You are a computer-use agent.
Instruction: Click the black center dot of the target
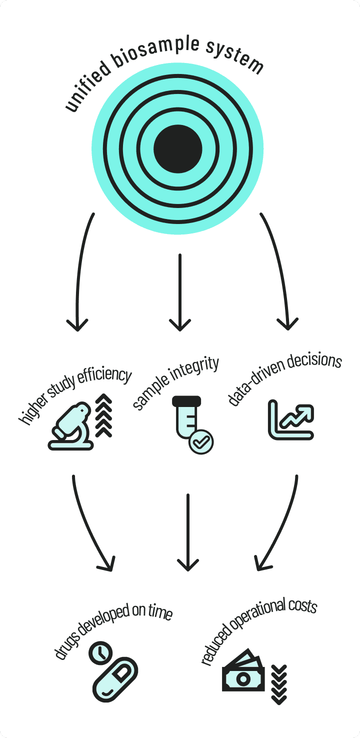[178, 148]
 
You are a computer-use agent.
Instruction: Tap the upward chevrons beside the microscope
[103, 415]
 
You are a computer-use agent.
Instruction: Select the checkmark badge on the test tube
[201, 441]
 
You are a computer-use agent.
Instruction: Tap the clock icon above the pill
[101, 653]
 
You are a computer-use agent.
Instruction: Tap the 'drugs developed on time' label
[113, 630]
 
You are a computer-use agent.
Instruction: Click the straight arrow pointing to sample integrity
[179, 292]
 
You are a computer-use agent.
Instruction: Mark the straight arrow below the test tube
[187, 532]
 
